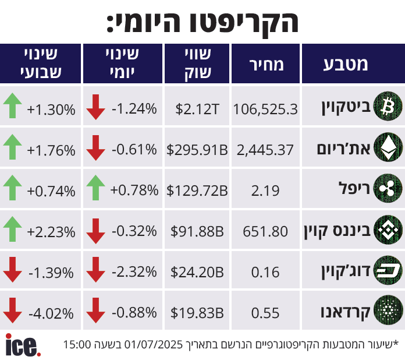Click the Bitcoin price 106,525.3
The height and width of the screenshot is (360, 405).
point(265,108)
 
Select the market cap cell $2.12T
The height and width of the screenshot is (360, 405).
point(197,108)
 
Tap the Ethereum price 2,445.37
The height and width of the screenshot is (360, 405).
point(265,150)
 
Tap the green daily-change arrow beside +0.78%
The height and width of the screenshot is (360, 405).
point(95,189)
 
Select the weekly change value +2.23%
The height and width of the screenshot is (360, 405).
point(51,232)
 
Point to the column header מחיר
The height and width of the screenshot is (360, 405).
point(266,64)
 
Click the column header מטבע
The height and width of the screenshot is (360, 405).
point(346,64)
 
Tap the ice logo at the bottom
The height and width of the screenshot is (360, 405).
point(23,345)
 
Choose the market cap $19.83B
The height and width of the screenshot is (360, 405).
point(197,313)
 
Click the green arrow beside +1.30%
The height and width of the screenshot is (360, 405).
point(13,107)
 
